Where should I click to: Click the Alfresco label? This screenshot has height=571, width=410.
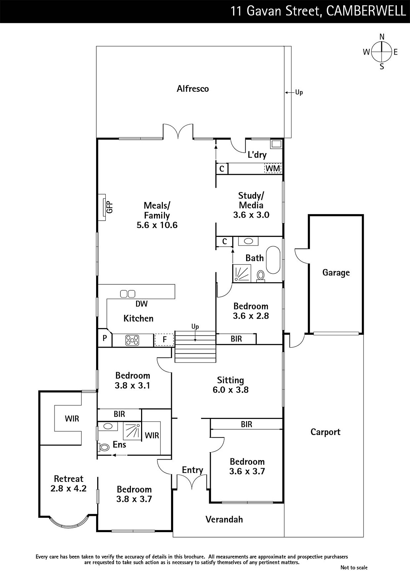click(x=192, y=89)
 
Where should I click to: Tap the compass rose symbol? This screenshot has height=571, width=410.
click(x=381, y=52)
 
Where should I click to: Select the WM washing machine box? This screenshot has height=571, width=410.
click(x=273, y=168)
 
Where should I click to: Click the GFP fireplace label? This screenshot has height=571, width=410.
click(x=109, y=207)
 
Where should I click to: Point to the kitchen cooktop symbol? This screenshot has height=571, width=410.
click(x=132, y=340)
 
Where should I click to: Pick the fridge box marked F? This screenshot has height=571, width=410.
click(x=164, y=340)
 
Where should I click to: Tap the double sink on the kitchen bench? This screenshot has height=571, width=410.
click(x=127, y=294)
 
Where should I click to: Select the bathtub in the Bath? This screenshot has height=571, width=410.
click(x=273, y=260)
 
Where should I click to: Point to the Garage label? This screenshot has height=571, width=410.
click(x=336, y=273)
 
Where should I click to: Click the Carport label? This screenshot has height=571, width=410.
click(x=325, y=432)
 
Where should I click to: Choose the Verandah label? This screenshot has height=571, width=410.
click(x=224, y=519)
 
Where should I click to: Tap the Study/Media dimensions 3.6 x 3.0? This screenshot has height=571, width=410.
click(x=251, y=215)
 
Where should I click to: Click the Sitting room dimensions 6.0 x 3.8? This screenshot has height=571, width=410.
click(x=231, y=390)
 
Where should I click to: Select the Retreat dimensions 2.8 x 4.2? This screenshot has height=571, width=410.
click(x=68, y=489)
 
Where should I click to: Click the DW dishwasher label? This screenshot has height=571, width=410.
click(x=141, y=304)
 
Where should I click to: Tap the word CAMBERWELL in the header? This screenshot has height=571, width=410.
click(x=366, y=11)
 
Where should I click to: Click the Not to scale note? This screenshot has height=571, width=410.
click(x=354, y=567)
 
